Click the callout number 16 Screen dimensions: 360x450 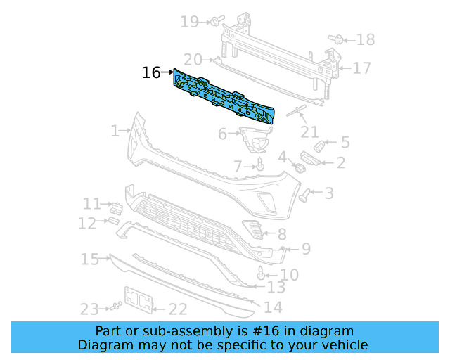point(151,72)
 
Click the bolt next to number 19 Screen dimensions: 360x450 point(214,22)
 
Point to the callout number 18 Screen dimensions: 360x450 point(366,39)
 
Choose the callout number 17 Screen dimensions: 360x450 point(361,68)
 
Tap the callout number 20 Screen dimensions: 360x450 point(193,60)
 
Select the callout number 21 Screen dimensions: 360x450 point(309,131)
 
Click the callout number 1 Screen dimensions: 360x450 point(115,131)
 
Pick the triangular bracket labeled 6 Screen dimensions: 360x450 point(255,138)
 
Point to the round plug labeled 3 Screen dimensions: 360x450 point(305,194)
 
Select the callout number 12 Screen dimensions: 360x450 point(86,224)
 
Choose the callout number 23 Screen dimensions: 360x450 point(89,309)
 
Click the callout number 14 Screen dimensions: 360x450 point(272,307)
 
